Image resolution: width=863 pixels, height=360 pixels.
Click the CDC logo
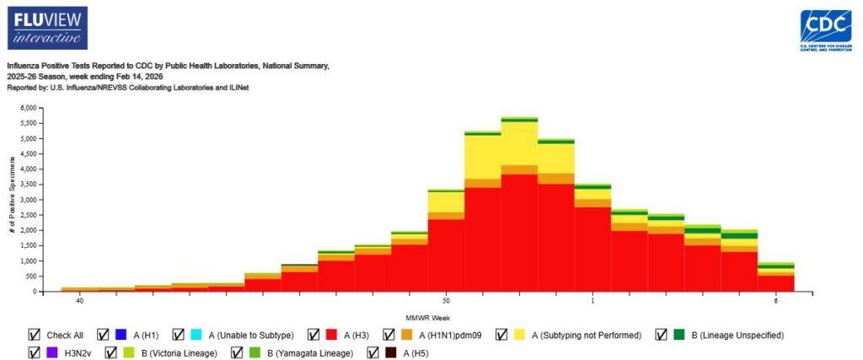tap(824, 31)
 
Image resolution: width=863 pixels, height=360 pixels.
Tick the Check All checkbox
tap(34, 335)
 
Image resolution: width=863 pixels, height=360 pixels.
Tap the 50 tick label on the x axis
tap(446, 300)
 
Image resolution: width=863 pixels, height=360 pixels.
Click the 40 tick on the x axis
tap(79, 300)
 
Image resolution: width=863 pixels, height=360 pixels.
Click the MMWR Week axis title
tap(428, 316)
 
